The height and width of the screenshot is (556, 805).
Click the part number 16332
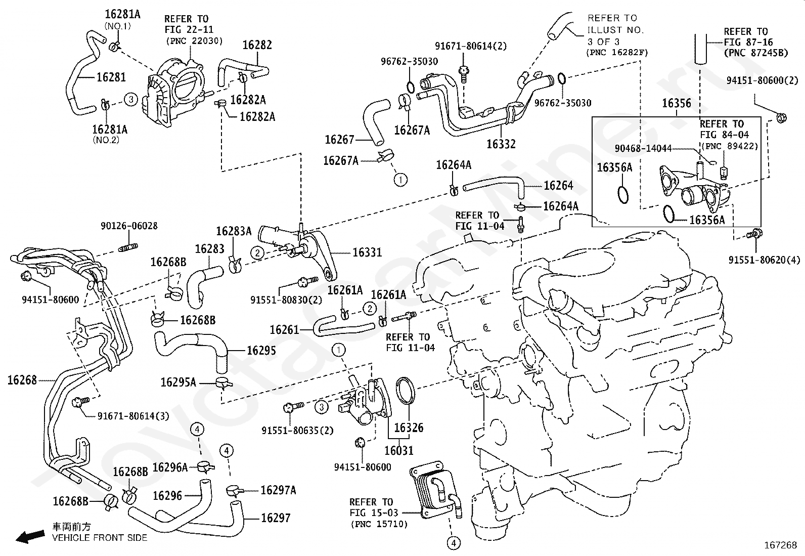[x=501, y=144]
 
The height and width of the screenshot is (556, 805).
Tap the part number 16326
[x=409, y=428]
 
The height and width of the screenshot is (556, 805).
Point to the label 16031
[x=398, y=450]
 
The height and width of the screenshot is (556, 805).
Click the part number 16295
[x=261, y=351]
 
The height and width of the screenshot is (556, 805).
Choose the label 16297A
[x=278, y=490]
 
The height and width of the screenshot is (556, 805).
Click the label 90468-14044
[x=643, y=148]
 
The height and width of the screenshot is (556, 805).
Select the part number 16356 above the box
[x=676, y=104]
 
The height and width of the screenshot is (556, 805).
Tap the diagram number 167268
[x=780, y=545]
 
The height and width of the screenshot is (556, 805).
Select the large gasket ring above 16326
[x=406, y=391]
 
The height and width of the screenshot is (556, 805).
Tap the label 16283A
[x=234, y=231]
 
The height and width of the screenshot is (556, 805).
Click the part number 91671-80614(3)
[x=133, y=416]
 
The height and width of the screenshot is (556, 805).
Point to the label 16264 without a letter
[x=558, y=186]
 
